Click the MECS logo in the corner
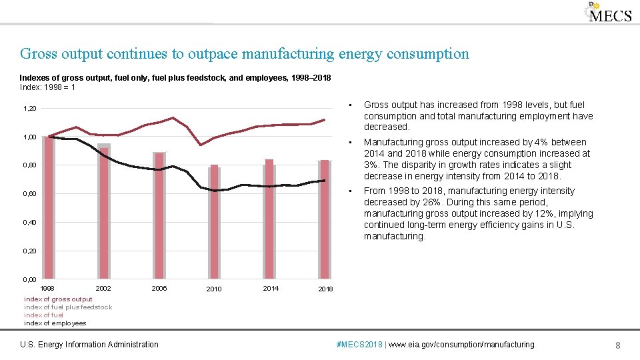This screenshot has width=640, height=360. tap(609, 13)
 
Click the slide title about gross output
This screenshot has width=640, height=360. tap(244, 54)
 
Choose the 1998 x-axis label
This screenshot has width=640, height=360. tap(48, 289)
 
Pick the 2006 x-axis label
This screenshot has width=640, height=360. tap(159, 289)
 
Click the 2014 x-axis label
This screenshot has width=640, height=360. tap(271, 289)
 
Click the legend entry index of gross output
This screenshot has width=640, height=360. tap(58, 299)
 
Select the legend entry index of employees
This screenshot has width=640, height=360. tap(55, 323)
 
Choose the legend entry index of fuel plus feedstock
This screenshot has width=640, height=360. tap(68, 307)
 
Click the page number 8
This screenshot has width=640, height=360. tap(618, 345)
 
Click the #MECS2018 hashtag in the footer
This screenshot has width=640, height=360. tap(361, 345)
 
